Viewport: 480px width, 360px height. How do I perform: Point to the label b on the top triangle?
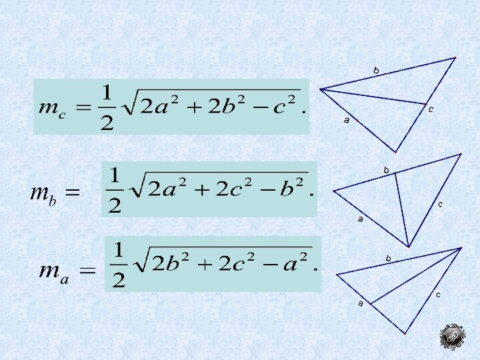376,70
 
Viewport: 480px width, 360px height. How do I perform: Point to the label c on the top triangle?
431,109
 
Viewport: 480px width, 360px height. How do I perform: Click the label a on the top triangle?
347,121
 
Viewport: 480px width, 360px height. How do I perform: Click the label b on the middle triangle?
386,170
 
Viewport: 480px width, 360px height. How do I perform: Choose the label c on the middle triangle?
441,204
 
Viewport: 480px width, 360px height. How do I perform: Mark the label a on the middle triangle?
360,219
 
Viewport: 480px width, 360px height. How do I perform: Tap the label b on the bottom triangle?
388,257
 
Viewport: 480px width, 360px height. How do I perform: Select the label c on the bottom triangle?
438,294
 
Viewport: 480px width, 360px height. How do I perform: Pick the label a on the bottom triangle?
361,304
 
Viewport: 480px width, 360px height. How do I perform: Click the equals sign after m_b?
72,194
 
